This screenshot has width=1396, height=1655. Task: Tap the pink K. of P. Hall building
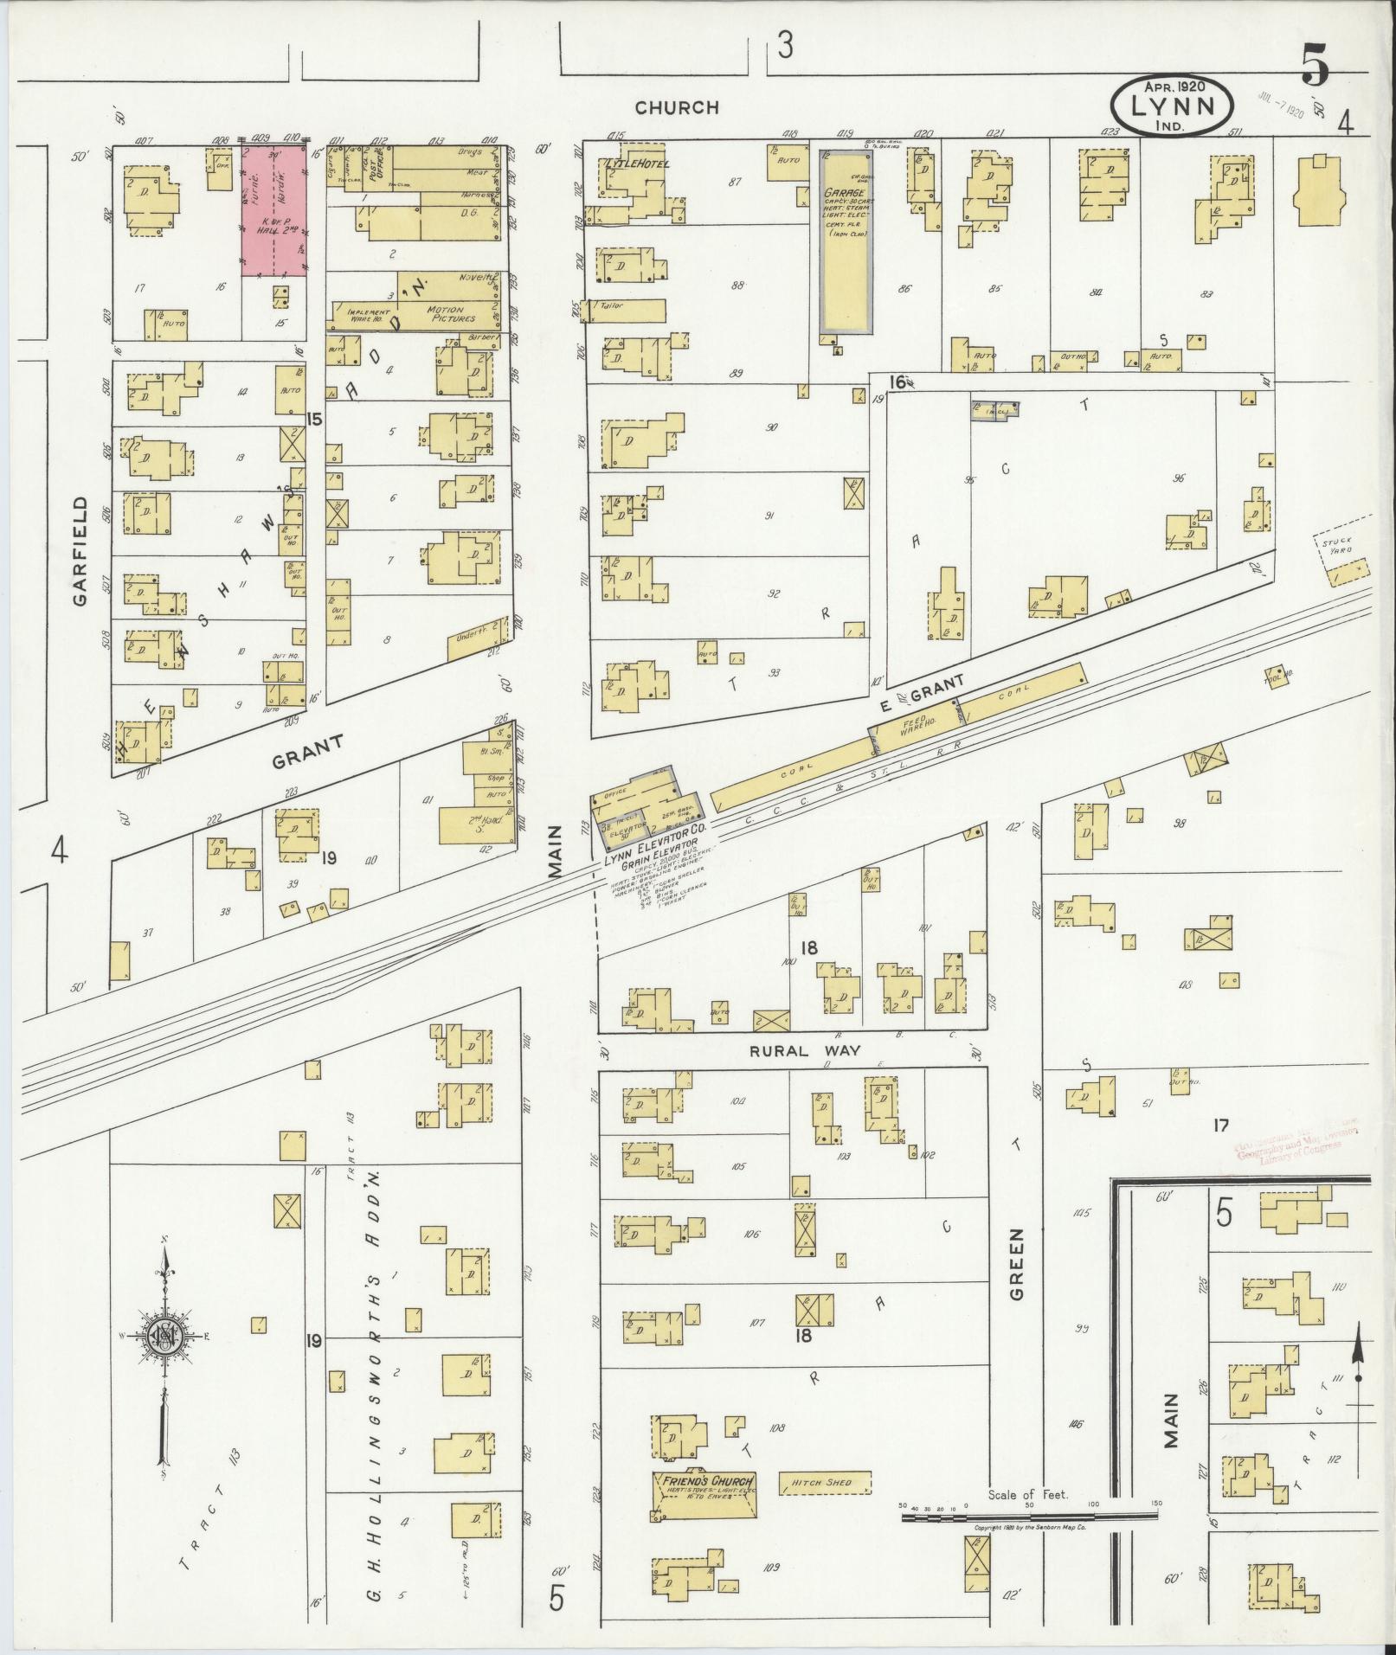[x=273, y=212]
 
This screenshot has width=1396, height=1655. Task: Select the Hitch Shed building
[x=823, y=1482]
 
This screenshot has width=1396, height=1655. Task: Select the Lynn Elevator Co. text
[x=656, y=837]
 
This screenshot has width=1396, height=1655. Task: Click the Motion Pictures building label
[x=444, y=314]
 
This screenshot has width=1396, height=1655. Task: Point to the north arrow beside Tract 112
[x=1357, y=1384]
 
